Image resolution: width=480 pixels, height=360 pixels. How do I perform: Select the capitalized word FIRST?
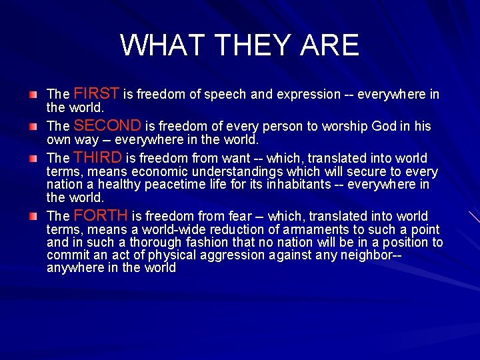(x=96, y=93)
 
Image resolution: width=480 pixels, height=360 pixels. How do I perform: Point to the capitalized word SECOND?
(x=107, y=125)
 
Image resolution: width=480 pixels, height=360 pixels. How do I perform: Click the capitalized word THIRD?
(x=98, y=157)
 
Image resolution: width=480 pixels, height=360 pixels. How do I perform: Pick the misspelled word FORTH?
(x=101, y=215)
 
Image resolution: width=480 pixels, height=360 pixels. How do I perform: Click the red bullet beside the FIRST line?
(x=33, y=95)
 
